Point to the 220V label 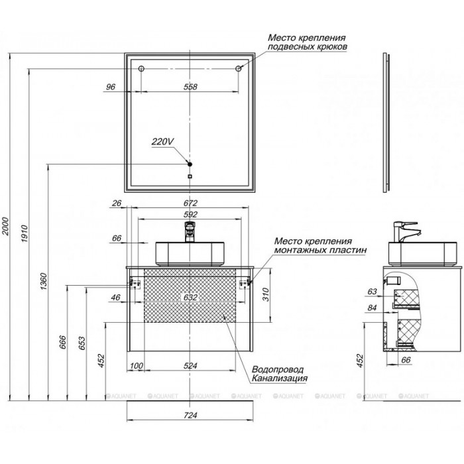coord(162,141)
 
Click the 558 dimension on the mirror coord(190,86)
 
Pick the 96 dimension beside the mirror coord(111,86)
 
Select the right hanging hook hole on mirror coord(240,68)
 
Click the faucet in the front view coord(191,233)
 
